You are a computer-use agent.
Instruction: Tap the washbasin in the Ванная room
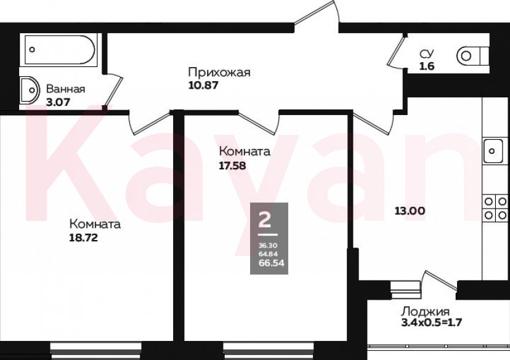pos(28,91)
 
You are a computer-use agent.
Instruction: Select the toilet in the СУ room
pos(471,57)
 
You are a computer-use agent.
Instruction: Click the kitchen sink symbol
pos(495,150)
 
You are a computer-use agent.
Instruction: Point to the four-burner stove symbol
pos(495,208)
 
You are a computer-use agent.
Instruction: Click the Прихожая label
pos(219,73)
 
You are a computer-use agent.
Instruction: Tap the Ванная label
pos(65,89)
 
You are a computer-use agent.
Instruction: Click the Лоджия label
pos(426,311)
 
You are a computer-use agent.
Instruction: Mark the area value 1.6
pos(426,66)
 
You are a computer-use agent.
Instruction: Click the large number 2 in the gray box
pos(267,218)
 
